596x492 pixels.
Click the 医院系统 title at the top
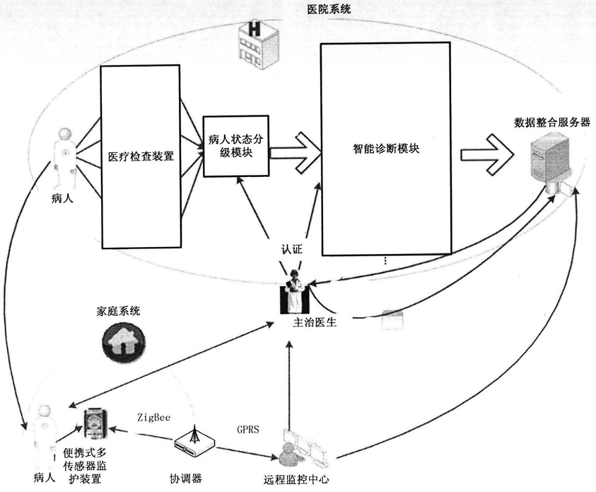point(329,8)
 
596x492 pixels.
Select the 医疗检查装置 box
point(140,156)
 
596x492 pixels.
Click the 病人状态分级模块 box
point(236,146)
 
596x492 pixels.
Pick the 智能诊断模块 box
point(386,149)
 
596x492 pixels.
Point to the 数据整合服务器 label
point(552,122)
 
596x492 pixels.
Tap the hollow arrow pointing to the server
point(487,154)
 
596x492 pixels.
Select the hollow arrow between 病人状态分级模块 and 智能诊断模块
point(296,152)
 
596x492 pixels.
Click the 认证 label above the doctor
point(291,250)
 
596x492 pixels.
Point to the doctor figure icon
point(295,292)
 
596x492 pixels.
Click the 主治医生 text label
point(315,322)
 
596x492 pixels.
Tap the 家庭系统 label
point(118,311)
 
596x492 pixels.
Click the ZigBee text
point(154,418)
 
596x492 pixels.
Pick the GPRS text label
point(248,430)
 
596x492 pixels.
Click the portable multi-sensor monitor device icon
point(95,423)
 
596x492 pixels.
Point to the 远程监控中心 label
point(296,479)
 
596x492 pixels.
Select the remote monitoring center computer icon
point(301,449)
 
